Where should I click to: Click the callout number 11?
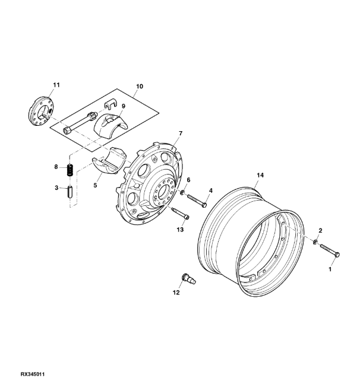[x=56, y=85]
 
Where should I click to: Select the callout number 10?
[x=140, y=86]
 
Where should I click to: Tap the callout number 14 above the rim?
[x=260, y=175]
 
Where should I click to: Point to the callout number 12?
[x=176, y=293]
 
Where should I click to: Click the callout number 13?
[x=180, y=230]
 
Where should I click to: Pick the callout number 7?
[x=181, y=134]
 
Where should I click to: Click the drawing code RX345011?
[x=33, y=374]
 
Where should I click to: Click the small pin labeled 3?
[x=70, y=192]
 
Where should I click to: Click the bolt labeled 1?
[x=330, y=250]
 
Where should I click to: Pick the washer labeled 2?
[x=315, y=242]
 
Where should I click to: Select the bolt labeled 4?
[x=197, y=200]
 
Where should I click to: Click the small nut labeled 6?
[x=182, y=193]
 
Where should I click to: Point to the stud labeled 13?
[x=180, y=213]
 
